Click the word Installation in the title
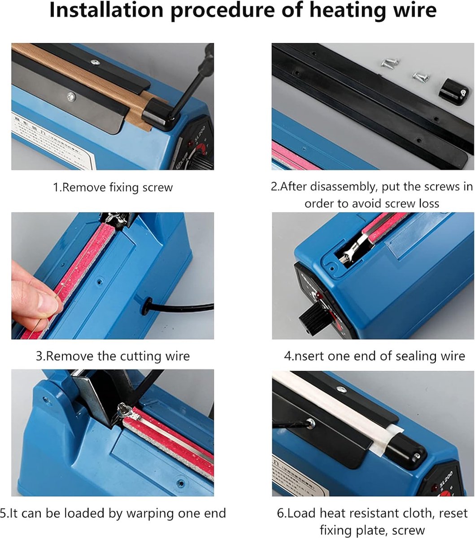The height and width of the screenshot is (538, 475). [x=106, y=10]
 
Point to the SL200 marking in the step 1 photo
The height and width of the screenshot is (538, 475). [x=200, y=134]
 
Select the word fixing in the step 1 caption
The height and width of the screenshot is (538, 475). [x=124, y=187]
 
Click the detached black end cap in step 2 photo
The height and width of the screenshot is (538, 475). [x=453, y=91]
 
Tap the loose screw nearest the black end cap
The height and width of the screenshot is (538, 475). [x=422, y=77]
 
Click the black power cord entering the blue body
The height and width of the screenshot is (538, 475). [x=178, y=307]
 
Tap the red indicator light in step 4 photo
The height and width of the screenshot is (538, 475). [x=317, y=295]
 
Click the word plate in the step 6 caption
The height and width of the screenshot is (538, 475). [x=372, y=530]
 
